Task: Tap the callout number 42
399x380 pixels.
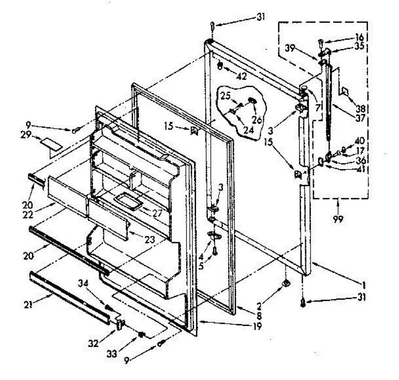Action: tap(242, 76)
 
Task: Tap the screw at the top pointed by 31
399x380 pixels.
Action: tap(212, 26)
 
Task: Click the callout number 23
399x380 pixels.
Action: tap(150, 239)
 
